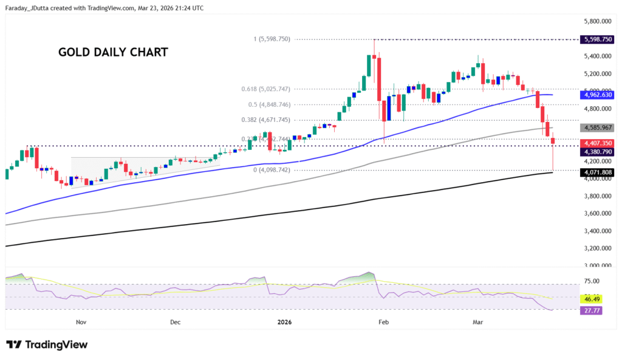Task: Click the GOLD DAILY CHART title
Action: (x=113, y=52)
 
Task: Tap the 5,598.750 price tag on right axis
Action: (x=598, y=39)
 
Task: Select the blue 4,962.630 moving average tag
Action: (x=598, y=95)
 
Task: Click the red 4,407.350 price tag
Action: (x=598, y=142)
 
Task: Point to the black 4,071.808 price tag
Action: (x=598, y=172)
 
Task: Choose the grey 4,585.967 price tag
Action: (x=598, y=128)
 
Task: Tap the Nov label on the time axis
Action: (x=79, y=322)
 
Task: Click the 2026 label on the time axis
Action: (x=284, y=322)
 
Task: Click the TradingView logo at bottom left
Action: (x=47, y=345)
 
